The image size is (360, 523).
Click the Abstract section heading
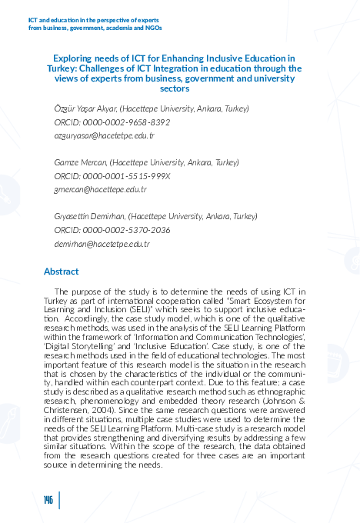pyautogui.click(x=62, y=271)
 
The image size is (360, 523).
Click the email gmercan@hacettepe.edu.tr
pyautogui.click(x=100, y=189)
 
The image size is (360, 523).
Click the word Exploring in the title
pyautogui.click(x=74, y=58)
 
